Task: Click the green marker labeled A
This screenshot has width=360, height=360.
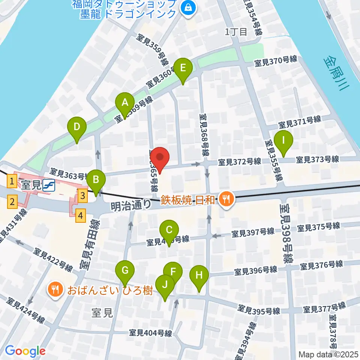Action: point(124,102)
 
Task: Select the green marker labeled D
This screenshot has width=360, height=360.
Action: point(77,127)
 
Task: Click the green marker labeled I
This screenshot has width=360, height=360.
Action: point(283,141)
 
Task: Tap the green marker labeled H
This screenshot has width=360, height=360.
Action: point(199,276)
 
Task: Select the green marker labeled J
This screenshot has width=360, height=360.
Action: point(165,284)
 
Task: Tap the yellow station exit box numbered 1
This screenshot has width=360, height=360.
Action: point(12,182)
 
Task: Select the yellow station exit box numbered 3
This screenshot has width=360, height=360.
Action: point(83,195)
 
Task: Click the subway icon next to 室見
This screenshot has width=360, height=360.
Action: point(48,185)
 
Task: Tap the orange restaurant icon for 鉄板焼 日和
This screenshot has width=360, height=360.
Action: point(226,199)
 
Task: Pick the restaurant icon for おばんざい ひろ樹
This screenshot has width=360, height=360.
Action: point(55,289)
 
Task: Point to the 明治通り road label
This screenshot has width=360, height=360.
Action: point(131,205)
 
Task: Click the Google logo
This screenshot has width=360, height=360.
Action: point(25,351)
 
